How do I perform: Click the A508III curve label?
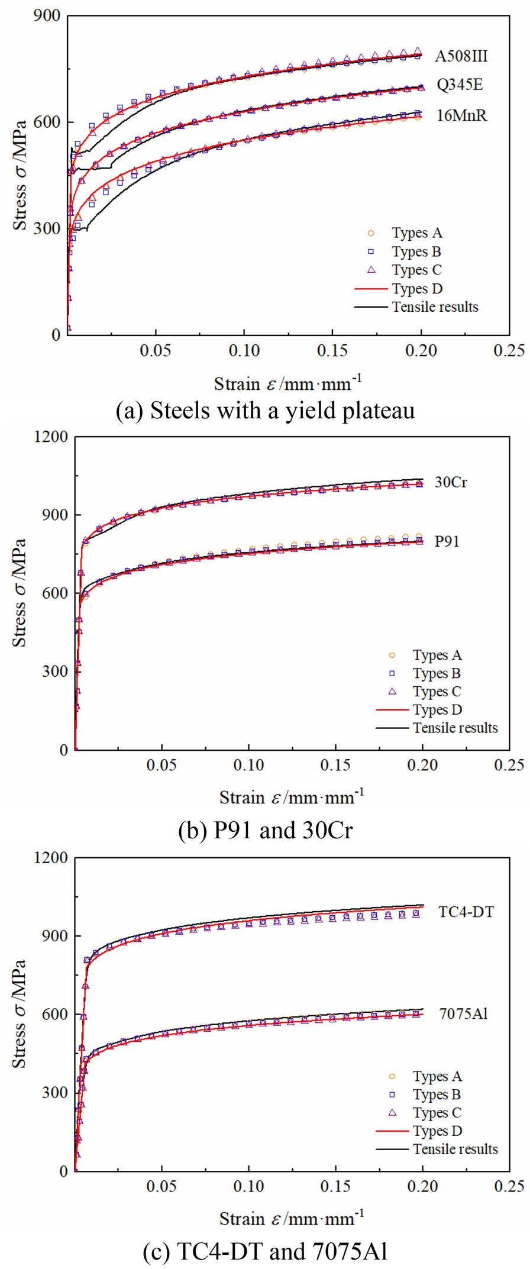(461, 56)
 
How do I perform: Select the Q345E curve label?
(460, 85)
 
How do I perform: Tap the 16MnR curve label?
(461, 115)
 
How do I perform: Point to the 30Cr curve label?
(451, 482)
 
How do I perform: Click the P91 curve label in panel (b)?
(447, 541)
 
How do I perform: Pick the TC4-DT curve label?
(466, 912)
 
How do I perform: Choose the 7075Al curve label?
(463, 1013)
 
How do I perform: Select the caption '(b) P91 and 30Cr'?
(266, 831)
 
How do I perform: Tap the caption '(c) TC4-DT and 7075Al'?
(266, 1251)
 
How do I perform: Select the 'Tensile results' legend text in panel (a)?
(435, 307)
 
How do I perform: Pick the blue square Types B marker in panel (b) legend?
(392, 673)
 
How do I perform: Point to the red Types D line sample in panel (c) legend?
(392, 1131)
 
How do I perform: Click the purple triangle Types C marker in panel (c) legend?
(392, 1112)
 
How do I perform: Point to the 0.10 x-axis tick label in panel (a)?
(244, 350)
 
